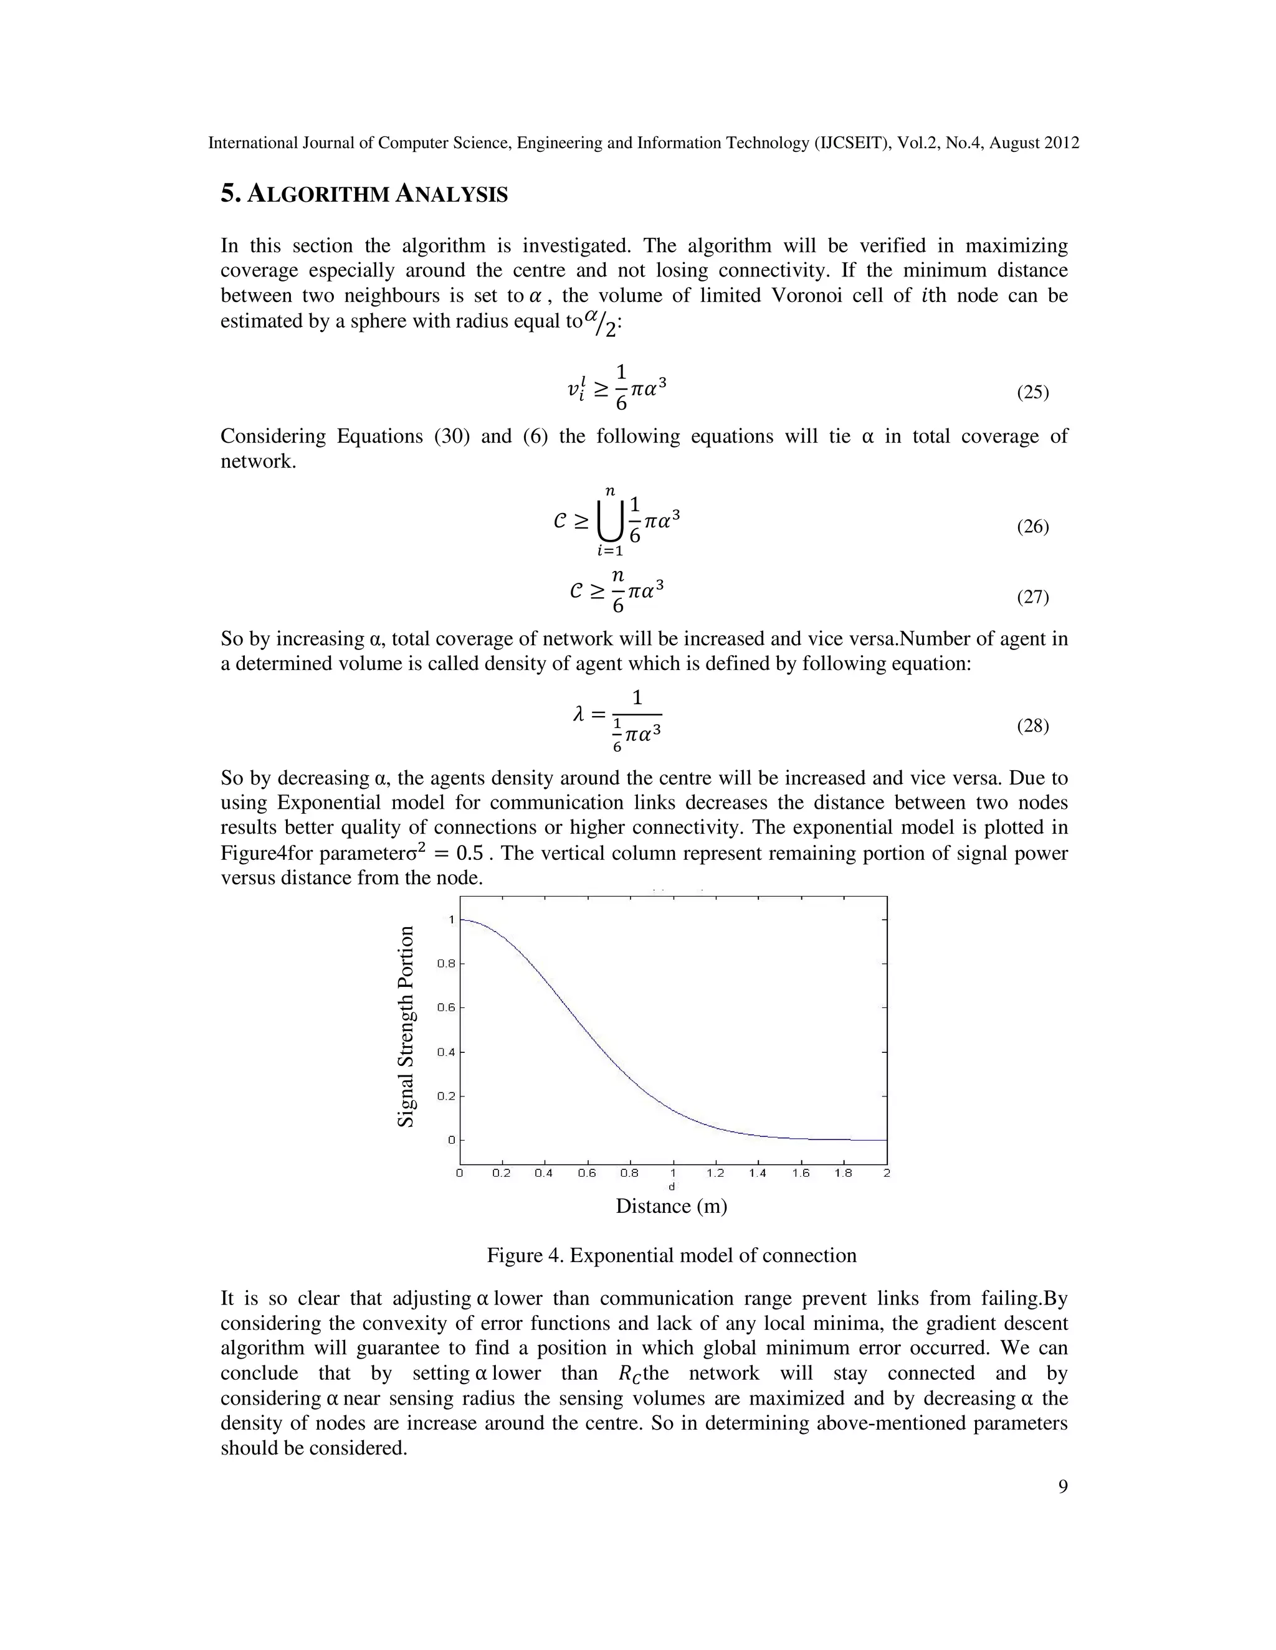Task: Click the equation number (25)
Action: [x=1032, y=392]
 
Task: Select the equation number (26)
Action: [x=1032, y=527]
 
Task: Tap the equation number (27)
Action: [x=1032, y=597]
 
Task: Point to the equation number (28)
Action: [x=1032, y=726]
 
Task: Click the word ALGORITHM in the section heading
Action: [x=319, y=195]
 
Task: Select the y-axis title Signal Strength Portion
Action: [x=406, y=1027]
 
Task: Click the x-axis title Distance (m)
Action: [x=671, y=1206]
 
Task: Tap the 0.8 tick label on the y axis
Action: [x=446, y=964]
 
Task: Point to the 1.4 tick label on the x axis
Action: [x=758, y=1173]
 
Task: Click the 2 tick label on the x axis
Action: [x=887, y=1173]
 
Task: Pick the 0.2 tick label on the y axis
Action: [x=446, y=1096]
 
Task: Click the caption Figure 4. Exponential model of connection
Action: [x=671, y=1256]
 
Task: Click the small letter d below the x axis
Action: [x=672, y=1186]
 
